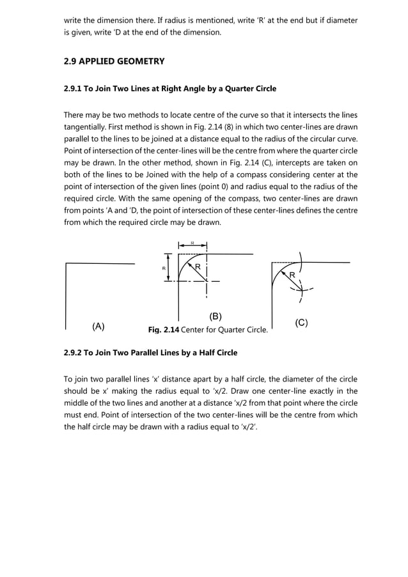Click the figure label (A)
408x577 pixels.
tap(98, 326)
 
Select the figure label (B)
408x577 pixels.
tap(216, 316)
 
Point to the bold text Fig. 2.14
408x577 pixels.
tap(163, 330)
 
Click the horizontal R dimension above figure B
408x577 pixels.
tap(192, 243)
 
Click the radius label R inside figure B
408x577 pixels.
tap(198, 266)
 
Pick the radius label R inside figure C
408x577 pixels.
tap(292, 275)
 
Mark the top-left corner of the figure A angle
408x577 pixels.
tap(67, 263)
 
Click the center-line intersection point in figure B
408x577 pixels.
tap(206, 281)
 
